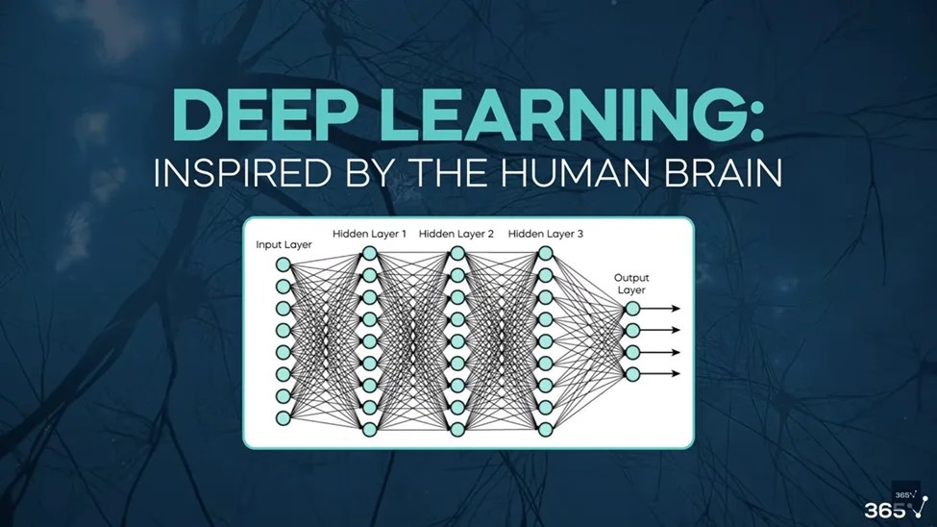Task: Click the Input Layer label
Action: tap(284, 244)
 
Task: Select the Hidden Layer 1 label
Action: tap(370, 234)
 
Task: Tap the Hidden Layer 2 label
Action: tap(456, 234)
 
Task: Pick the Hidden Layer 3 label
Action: tap(545, 234)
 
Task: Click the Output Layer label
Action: tap(630, 284)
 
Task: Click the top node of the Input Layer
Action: tap(284, 264)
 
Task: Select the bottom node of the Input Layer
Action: tap(284, 418)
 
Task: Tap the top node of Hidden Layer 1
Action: tap(370, 253)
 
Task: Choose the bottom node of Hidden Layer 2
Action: tap(457, 429)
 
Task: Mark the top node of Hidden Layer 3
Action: tap(545, 253)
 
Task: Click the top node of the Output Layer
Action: tap(631, 309)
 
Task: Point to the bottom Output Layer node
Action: tap(631, 374)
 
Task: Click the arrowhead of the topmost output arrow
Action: tap(677, 309)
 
